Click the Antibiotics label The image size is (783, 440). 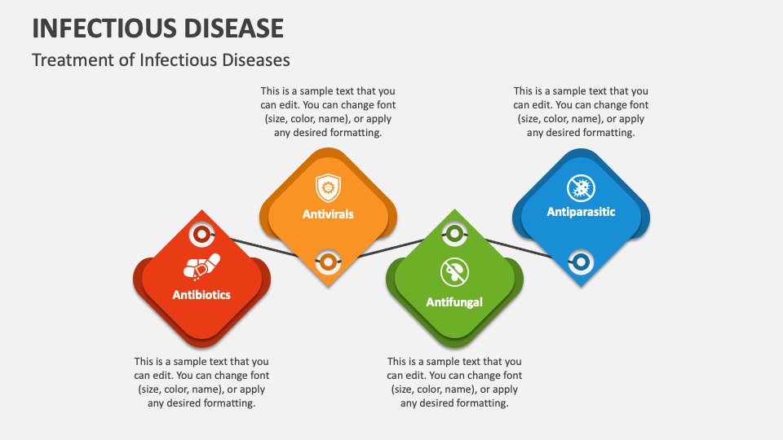pos(201,295)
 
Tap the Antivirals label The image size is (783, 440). pos(328,214)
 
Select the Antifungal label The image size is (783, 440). pos(454,302)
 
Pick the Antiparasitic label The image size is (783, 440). pos(581,212)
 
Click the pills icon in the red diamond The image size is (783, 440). pos(201,267)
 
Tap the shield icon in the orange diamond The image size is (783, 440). pos(328,188)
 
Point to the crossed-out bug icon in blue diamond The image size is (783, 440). pos(581,188)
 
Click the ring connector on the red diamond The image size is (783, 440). pos(201,235)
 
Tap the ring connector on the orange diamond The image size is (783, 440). pos(327,262)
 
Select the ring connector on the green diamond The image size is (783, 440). pos(454,235)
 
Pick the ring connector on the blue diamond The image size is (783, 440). pos(581,262)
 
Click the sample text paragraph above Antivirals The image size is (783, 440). pos(328,112)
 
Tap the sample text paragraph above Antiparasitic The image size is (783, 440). pos(581,112)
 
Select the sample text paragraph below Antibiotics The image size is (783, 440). pos(201,382)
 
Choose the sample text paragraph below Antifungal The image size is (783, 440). pos(454,382)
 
